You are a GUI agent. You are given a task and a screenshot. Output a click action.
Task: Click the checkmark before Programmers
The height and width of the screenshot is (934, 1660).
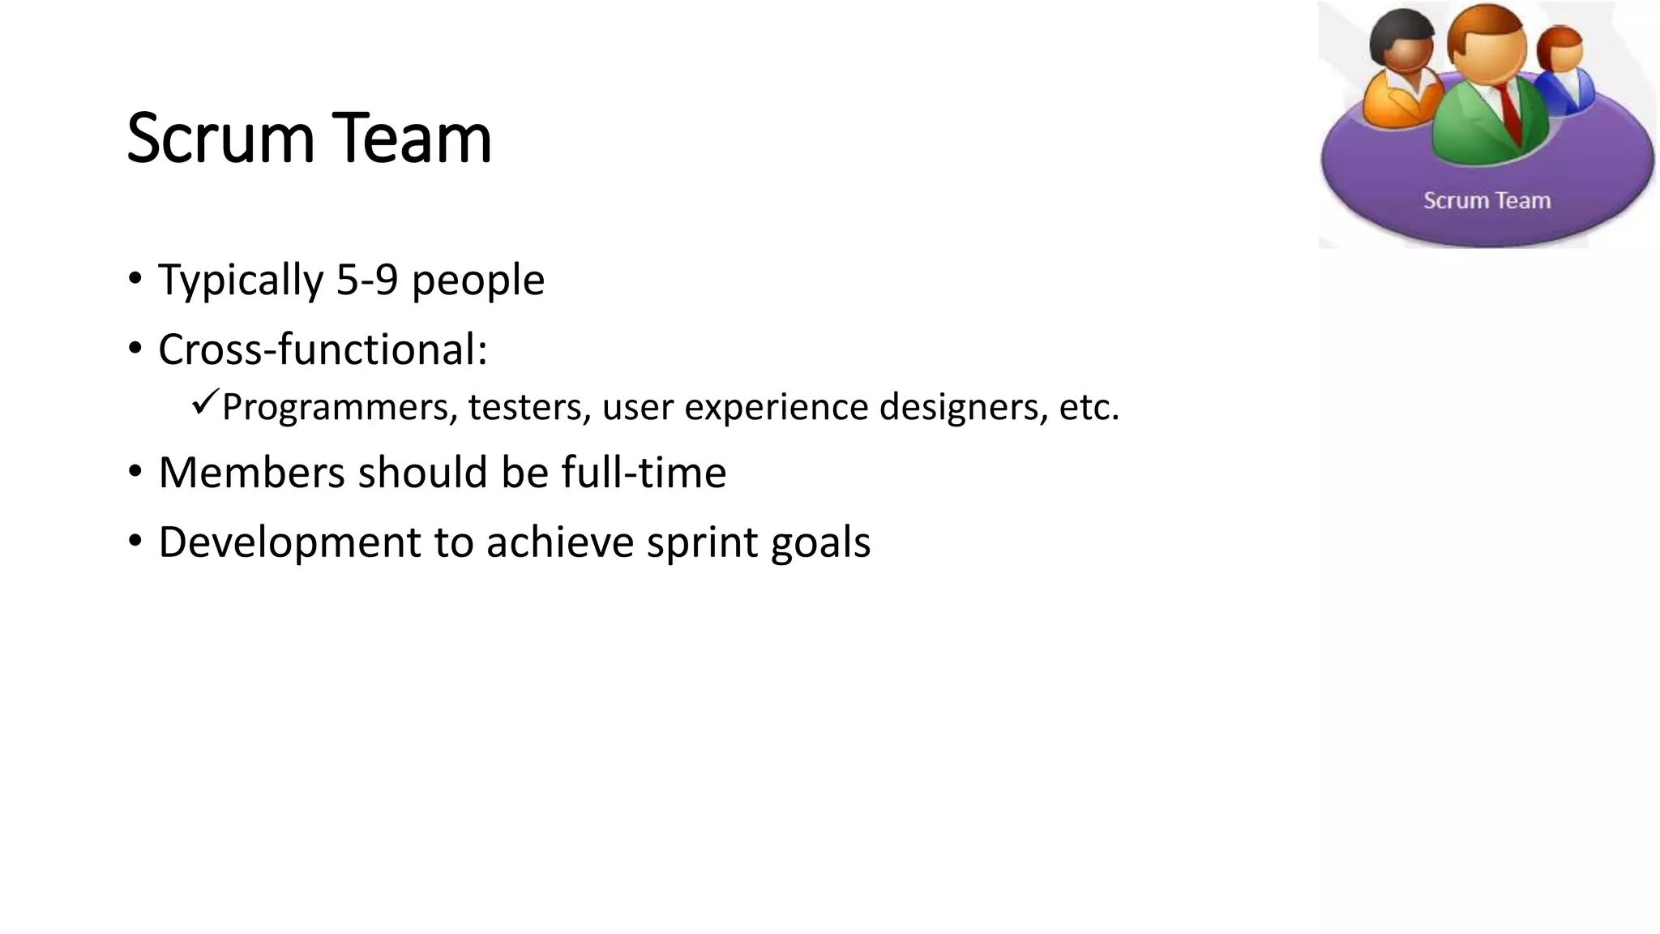click(x=205, y=401)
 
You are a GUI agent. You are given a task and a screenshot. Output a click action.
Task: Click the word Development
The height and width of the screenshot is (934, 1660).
click(x=289, y=542)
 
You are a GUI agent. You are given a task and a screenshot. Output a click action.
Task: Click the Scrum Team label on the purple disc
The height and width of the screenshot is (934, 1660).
click(x=1487, y=200)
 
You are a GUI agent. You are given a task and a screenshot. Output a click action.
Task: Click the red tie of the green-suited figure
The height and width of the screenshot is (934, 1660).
click(x=1509, y=109)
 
